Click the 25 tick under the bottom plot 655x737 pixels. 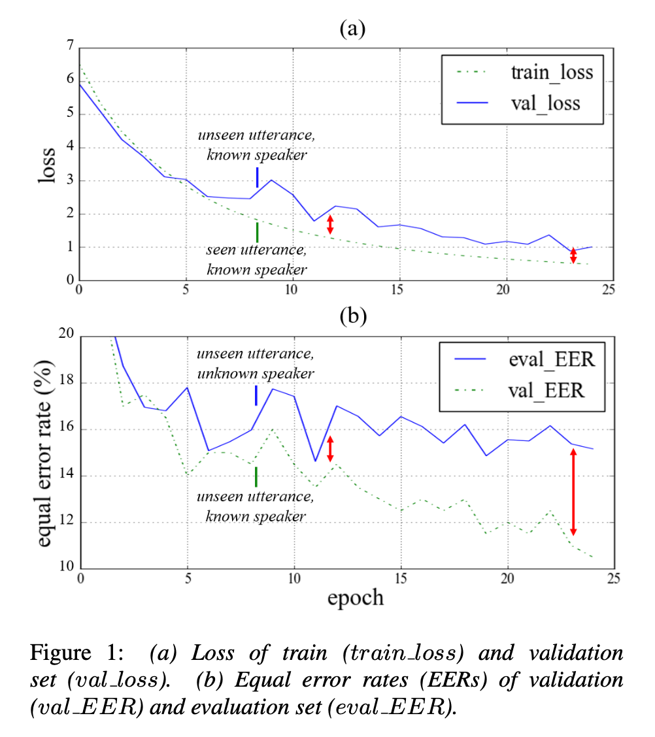613,578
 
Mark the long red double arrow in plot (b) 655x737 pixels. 573,491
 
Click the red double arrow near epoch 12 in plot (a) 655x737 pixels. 330,224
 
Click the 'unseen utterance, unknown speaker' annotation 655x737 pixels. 256,363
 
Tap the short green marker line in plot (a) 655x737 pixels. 257,232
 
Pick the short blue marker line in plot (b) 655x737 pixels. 256,395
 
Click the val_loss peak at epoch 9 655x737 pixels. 271,180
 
